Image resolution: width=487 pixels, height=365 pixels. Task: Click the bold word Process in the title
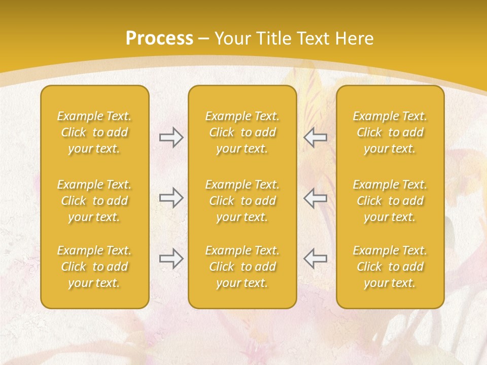[159, 39]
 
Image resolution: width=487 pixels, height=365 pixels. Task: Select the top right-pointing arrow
[171, 137]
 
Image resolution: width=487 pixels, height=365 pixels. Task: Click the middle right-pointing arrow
[171, 197]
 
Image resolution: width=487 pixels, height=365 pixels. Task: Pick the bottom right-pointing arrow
[171, 259]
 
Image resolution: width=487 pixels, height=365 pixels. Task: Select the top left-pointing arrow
[315, 137]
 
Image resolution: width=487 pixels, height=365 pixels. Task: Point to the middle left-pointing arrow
[315, 197]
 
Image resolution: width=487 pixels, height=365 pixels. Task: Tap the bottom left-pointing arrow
[315, 259]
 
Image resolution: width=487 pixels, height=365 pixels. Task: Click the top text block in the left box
[94, 132]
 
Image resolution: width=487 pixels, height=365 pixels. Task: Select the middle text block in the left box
[94, 201]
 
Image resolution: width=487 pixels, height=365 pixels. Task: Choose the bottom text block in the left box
[94, 267]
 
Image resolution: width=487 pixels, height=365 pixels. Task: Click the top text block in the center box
[242, 132]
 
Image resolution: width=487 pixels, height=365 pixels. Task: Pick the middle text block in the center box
[242, 201]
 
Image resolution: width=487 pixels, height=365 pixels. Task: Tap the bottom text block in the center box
[242, 267]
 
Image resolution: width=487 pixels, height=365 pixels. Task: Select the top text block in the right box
[390, 132]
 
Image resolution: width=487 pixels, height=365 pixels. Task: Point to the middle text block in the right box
[390, 201]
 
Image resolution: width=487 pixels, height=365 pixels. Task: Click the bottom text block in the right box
[390, 267]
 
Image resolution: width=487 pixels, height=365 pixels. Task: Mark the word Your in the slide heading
[231, 39]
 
